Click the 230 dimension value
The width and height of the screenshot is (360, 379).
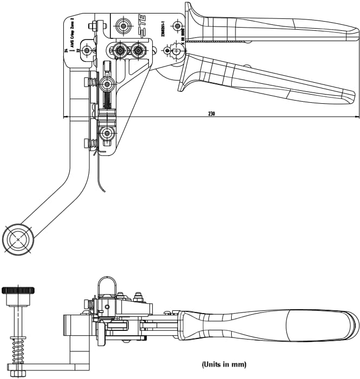pos(211,114)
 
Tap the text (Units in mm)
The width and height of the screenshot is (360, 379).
pos(224,364)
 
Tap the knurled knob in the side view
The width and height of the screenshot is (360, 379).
pos(18,290)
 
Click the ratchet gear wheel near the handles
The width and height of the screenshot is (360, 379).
pos(176,51)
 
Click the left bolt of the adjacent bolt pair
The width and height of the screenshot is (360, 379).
pos(119,51)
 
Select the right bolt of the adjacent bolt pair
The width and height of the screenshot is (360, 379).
pos(139,51)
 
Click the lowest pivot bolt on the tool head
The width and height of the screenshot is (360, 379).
pos(107,133)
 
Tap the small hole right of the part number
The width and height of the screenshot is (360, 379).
pos(176,25)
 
